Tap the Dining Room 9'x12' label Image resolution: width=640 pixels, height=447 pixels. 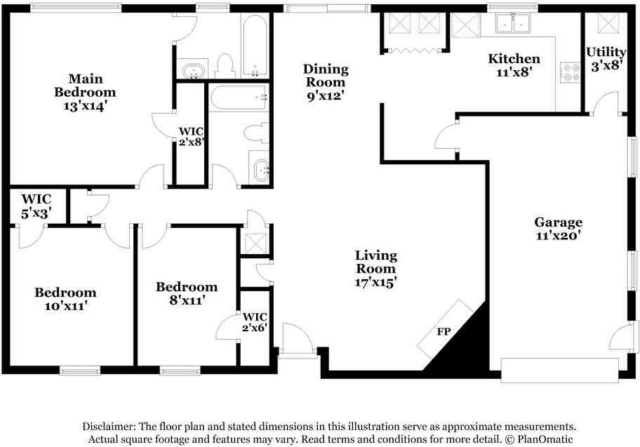(326, 82)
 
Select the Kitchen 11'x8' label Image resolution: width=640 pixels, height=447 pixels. (514, 65)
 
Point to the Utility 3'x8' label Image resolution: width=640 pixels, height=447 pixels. (606, 58)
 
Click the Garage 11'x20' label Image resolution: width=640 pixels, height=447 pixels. (559, 229)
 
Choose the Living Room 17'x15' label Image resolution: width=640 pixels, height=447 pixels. (375, 269)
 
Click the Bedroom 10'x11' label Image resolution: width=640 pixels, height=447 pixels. (66, 299)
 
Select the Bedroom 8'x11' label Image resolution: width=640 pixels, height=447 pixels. (187, 293)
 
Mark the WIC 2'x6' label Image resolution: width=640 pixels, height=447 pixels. (254, 322)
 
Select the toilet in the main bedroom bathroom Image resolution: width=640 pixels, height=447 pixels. (225, 66)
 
